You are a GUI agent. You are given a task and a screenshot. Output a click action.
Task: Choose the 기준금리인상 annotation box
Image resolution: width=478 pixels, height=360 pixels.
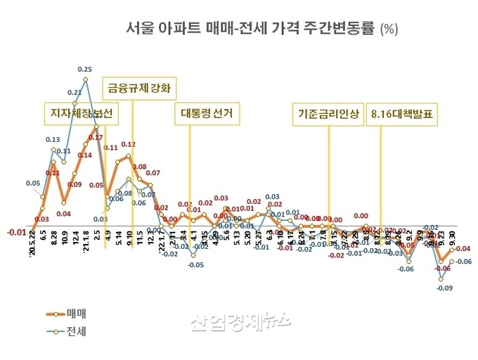pos(329,113)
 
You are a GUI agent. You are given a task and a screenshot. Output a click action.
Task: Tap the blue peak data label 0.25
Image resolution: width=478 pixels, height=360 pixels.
pos(85,70)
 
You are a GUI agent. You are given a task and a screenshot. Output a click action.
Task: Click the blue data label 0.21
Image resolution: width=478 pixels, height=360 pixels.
pos(75,92)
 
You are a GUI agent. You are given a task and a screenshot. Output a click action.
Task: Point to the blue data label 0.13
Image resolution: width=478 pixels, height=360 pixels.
pos(53,139)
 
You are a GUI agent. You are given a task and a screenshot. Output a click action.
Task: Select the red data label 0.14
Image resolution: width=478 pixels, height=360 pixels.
pos(84,155)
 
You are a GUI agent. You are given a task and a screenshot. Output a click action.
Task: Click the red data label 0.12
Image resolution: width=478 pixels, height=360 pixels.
pos(128,144)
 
